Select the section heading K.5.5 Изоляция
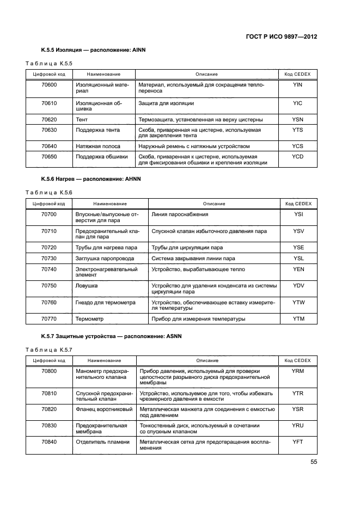click(x=93, y=50)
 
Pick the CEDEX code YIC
click(x=297, y=103)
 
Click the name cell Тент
click(x=82, y=119)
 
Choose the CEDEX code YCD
click(x=297, y=157)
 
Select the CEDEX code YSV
click(x=298, y=231)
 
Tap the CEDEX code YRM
click(x=297, y=371)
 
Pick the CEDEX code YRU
click(x=297, y=425)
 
